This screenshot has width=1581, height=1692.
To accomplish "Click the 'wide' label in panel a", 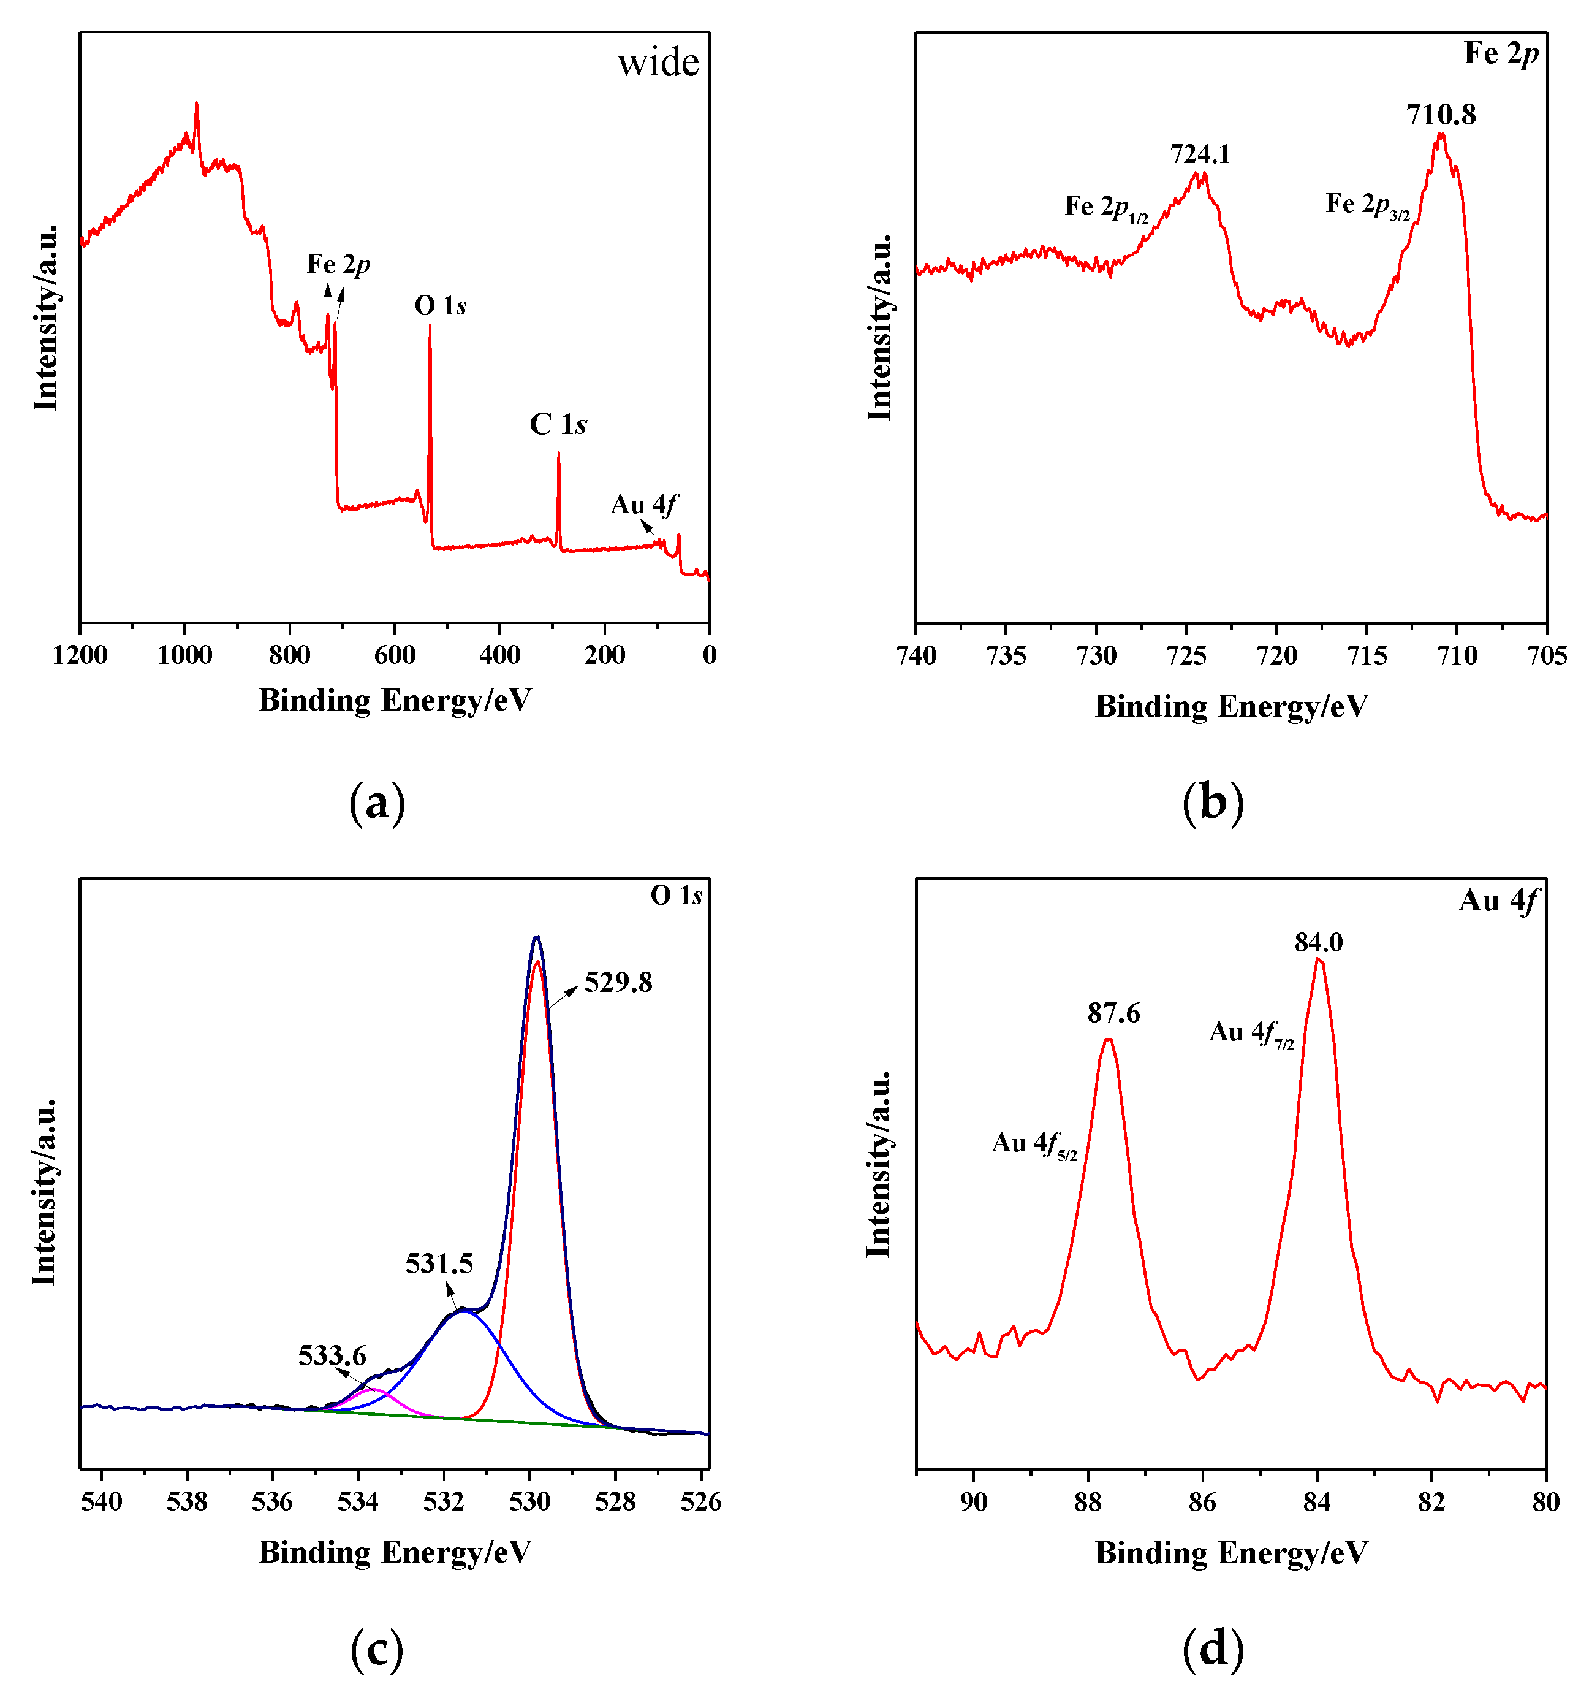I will (x=658, y=63).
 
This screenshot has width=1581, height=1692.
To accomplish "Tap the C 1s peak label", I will (x=558, y=424).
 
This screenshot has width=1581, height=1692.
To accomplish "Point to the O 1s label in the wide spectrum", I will (x=440, y=305).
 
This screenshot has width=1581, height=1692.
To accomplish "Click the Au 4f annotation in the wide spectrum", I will (x=643, y=505).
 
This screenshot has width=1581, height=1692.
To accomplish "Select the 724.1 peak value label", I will (x=1199, y=154).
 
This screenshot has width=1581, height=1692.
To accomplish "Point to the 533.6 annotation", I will (x=332, y=1354).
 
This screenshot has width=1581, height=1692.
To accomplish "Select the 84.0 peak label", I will (x=1318, y=942).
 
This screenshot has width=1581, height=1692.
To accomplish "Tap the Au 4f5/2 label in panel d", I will (x=1033, y=1143).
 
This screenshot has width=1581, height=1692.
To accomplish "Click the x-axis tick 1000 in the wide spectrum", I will (x=184, y=655).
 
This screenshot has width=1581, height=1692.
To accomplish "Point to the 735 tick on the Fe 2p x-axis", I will (x=1006, y=655).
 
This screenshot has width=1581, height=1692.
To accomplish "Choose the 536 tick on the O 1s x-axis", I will (x=272, y=1501).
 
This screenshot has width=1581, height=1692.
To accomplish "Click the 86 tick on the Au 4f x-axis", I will (x=1202, y=1502).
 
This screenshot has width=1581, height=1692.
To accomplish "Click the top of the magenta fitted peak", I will (x=373, y=1389).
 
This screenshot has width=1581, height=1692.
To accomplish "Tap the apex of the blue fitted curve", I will (x=462, y=1311).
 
